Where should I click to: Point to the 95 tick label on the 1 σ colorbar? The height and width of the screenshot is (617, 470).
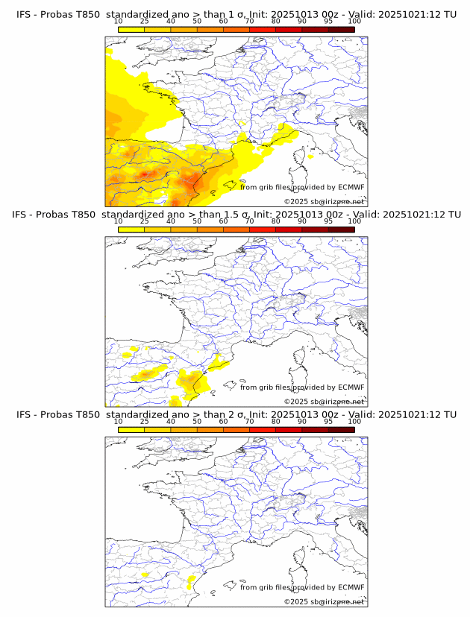tap(328, 21)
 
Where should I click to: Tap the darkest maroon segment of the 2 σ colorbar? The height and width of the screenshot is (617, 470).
tap(341, 429)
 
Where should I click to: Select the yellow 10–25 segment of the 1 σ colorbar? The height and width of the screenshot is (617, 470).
tap(131, 29)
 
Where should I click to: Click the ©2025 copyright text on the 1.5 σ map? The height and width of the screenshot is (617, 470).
tap(325, 401)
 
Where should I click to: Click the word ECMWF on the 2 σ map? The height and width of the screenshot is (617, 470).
tap(351, 587)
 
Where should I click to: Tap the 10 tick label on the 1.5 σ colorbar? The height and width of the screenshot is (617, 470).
tap(119, 221)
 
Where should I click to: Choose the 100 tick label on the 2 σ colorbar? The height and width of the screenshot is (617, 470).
tap(354, 421)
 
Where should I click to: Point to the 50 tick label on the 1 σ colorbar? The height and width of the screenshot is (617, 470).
tap(197, 21)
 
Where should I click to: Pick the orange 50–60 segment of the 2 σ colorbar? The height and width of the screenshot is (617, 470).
tap(210, 429)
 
